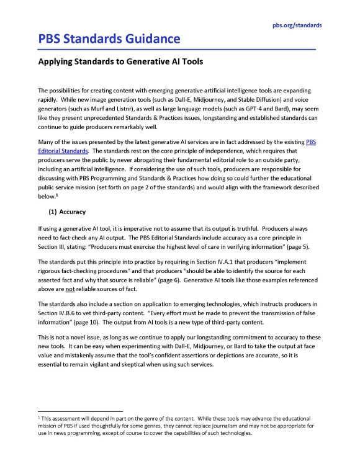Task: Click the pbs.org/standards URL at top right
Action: point(297,25)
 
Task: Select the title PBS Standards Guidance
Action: point(109,40)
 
